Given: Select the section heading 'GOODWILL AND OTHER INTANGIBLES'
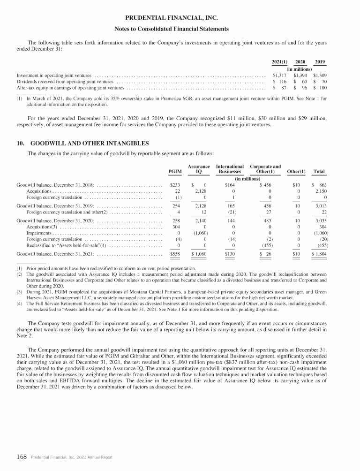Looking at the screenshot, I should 89,143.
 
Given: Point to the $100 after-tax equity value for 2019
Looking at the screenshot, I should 320,87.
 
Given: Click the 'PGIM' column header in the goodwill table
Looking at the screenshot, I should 174,172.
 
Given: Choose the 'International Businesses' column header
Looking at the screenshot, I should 230,169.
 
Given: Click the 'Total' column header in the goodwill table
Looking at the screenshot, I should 320,172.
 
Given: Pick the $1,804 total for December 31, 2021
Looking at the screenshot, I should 319,254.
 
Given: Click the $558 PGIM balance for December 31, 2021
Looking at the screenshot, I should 174,254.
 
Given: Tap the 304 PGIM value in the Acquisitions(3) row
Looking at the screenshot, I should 176,227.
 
